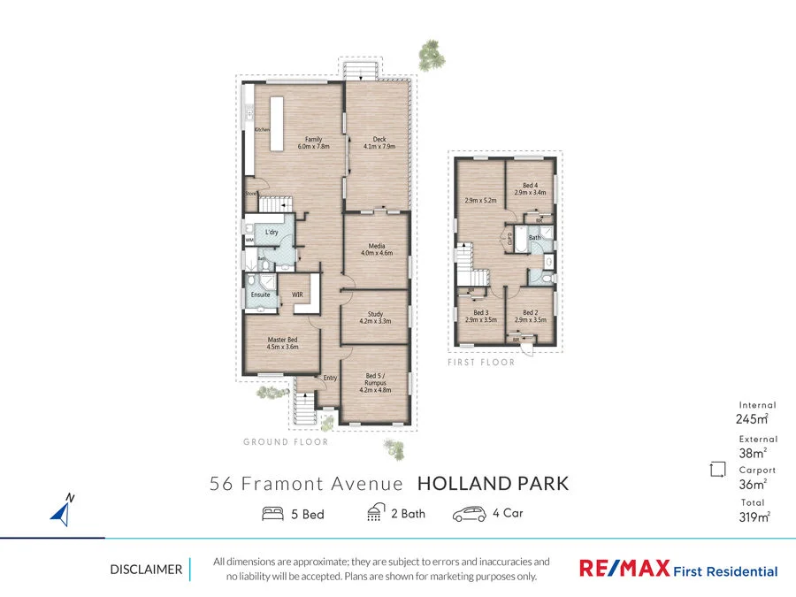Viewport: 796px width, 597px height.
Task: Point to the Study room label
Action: point(374,318)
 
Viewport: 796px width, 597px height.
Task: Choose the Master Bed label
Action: point(282,343)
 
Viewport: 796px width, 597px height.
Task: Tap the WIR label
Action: point(297,295)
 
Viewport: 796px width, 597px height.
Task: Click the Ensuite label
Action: point(260,295)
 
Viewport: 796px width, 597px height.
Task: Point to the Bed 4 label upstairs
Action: point(531,188)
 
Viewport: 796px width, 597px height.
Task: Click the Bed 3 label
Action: point(480,316)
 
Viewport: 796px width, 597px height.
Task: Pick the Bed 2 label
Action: point(531,316)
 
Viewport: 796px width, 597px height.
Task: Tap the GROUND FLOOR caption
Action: point(286,441)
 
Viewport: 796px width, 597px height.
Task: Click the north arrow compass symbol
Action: point(61,509)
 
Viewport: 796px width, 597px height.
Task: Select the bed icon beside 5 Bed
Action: point(273,513)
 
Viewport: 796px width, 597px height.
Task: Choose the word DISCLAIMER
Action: point(146,570)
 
